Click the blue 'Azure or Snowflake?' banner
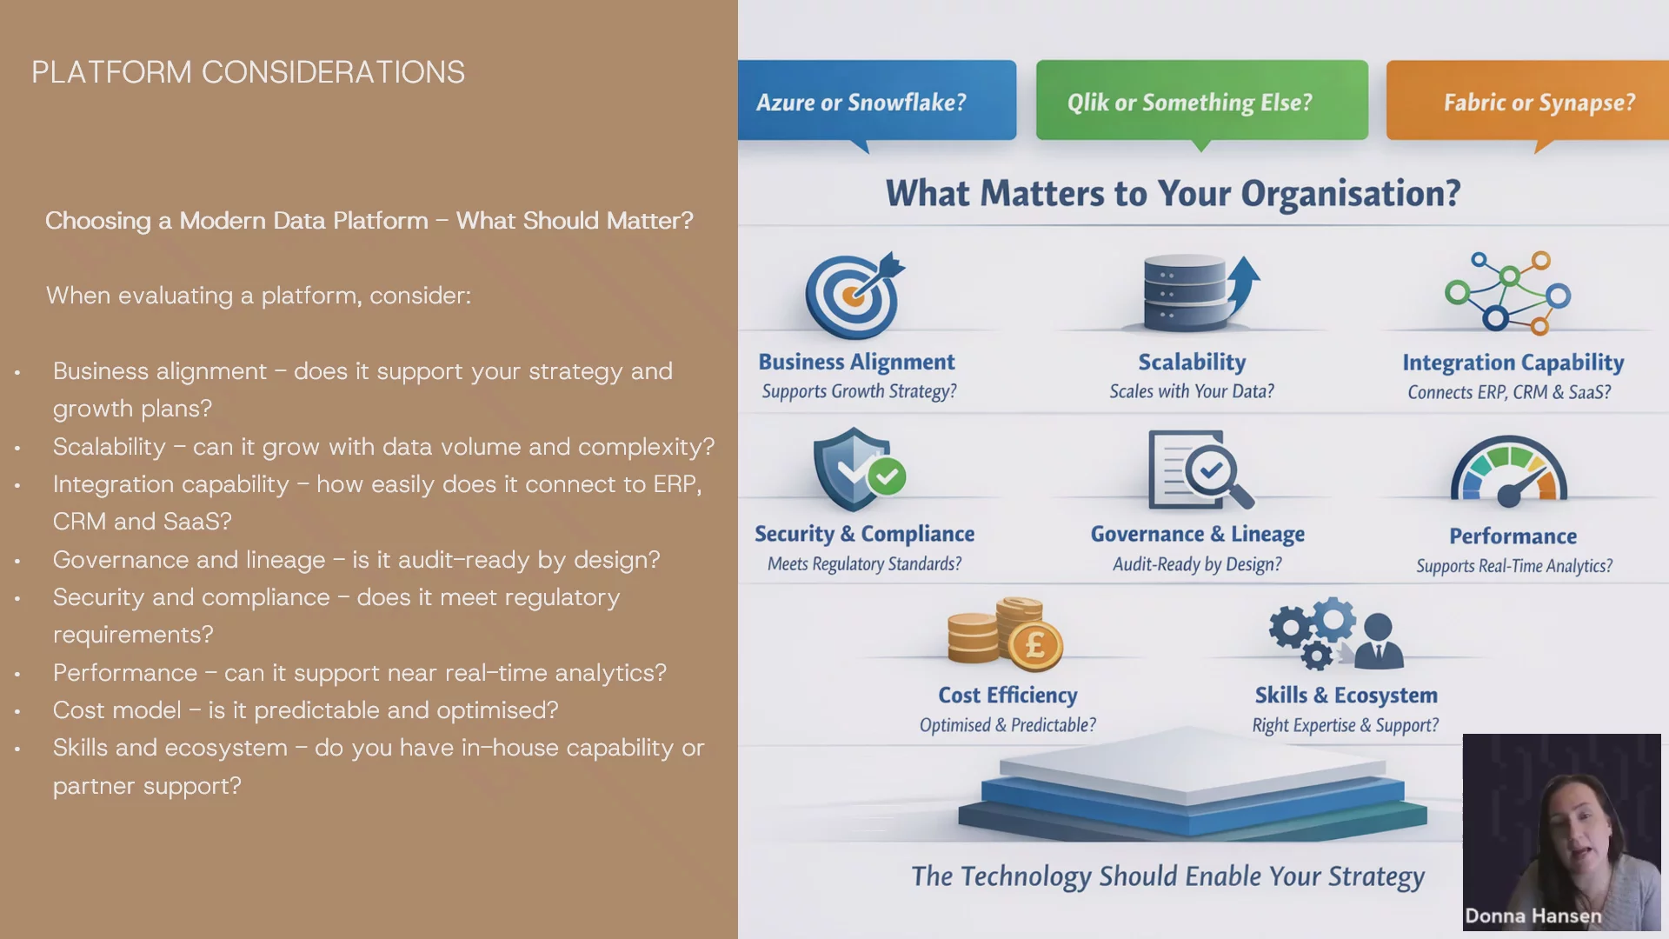coord(877,101)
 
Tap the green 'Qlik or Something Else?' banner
coord(1201,101)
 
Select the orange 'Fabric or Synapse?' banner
coord(1527,101)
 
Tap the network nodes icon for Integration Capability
coord(1508,293)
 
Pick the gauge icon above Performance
coord(1509,472)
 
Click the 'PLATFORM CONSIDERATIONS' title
coord(249,72)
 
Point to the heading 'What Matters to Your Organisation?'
coord(1173,193)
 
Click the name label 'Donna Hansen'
coord(1533,916)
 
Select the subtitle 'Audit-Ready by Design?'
coord(1197,564)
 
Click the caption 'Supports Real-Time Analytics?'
coord(1514,566)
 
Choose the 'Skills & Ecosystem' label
coord(1346,696)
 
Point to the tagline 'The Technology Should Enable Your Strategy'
coord(1167,876)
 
